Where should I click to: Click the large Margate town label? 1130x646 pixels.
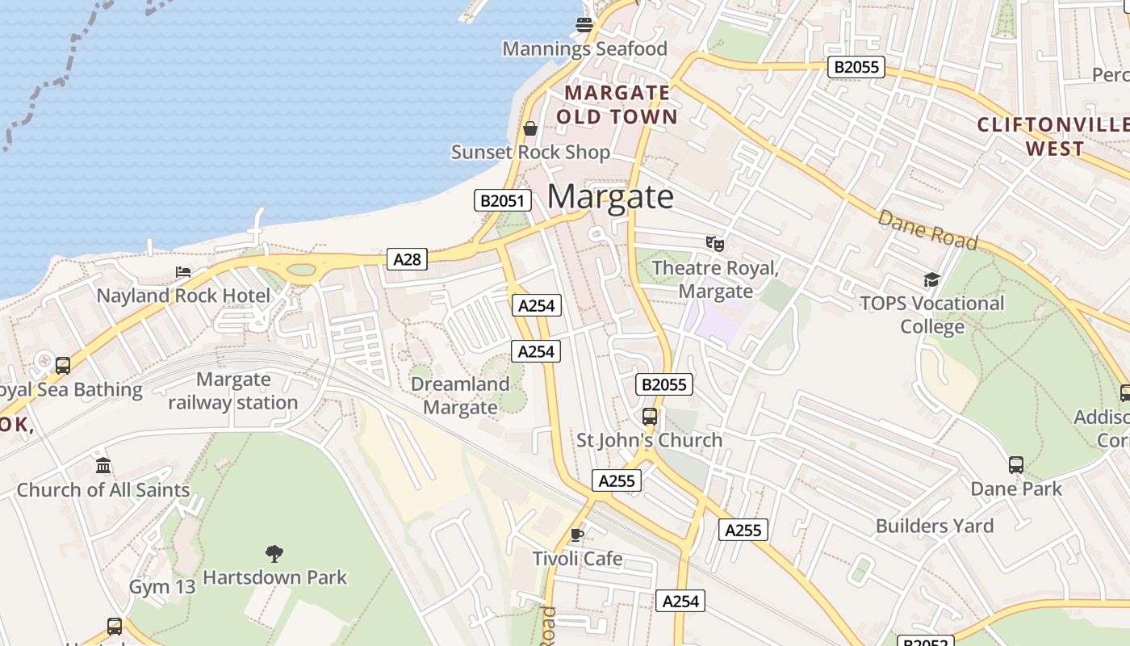tap(611, 196)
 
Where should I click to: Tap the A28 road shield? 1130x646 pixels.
tap(407, 258)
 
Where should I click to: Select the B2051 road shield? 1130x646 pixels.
tap(502, 200)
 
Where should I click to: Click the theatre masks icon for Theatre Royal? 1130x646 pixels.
tap(714, 243)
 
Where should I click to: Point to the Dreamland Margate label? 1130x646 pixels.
tap(460, 396)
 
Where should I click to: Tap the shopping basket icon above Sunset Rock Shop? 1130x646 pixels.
tap(530, 128)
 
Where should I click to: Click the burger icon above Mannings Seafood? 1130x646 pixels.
tap(584, 24)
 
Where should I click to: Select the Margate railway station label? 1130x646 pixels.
tap(233, 391)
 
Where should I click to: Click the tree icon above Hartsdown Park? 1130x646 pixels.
tap(274, 553)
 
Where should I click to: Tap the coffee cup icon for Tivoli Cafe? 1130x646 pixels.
tap(576, 535)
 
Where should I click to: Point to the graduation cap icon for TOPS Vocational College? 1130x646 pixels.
tap(931, 279)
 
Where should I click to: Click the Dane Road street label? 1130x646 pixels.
tap(927, 230)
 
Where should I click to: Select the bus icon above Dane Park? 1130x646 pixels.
tap(1016, 465)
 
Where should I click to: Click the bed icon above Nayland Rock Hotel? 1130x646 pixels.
tap(183, 272)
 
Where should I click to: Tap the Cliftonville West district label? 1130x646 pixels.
tap(1053, 136)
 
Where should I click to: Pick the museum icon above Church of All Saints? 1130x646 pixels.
tap(103, 466)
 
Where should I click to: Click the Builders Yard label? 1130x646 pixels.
tap(935, 526)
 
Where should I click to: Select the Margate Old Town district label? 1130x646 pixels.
tap(617, 104)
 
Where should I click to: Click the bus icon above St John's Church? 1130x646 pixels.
tap(650, 417)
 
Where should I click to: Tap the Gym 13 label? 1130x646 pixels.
tap(162, 586)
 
